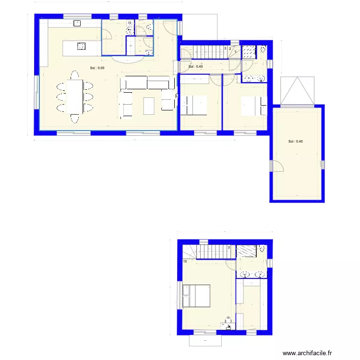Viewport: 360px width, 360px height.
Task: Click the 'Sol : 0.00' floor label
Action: pos(97,68)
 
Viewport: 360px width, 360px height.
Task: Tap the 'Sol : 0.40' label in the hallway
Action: pos(196,67)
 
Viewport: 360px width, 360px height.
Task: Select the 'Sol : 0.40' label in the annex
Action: pos(295,142)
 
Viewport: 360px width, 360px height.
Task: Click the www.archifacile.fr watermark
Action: pos(307,353)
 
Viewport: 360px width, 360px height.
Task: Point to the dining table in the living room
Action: pos(74,96)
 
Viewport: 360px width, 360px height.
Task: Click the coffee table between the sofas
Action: pos(149,106)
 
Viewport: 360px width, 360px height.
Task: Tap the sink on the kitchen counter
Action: pos(76,23)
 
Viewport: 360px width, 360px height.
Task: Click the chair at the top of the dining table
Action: pos(74,75)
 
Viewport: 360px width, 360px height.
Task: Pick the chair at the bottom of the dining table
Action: pos(74,118)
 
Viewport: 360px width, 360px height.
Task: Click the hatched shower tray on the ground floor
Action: pos(248,51)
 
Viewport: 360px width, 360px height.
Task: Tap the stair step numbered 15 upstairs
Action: pos(185,261)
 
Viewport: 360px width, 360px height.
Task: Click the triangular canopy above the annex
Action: pos(298,91)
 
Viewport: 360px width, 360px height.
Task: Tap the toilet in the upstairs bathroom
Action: pos(262,249)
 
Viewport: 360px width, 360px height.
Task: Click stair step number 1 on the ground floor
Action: pos(235,52)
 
